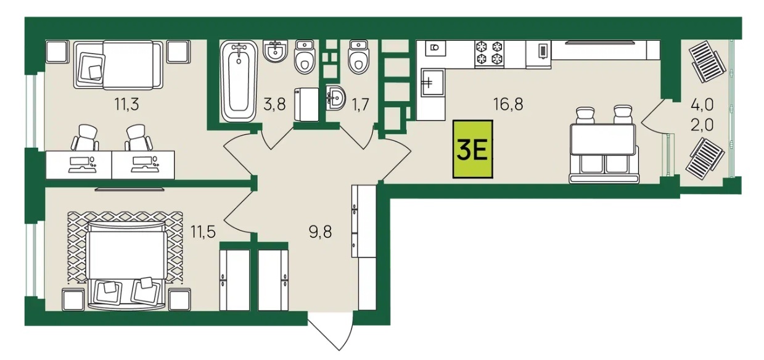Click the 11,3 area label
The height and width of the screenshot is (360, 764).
tap(127, 104)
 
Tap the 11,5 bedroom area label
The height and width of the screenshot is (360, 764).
tap(203, 232)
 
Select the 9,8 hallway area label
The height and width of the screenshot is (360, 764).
tap(320, 232)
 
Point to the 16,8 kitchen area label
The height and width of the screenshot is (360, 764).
tap(508, 104)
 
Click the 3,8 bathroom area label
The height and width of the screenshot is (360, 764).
tap(274, 104)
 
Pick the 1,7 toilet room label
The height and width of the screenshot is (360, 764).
tap(360, 104)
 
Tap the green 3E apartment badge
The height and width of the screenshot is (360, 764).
tap(473, 149)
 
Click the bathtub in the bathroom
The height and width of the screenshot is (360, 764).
tap(239, 81)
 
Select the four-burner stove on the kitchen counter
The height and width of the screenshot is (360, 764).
tap(490, 54)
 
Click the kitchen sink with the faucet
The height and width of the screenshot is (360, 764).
tap(433, 83)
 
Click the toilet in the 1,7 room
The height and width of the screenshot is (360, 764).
tap(358, 57)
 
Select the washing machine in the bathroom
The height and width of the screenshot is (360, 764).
tap(306, 104)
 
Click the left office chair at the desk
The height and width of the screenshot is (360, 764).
tap(85, 137)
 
